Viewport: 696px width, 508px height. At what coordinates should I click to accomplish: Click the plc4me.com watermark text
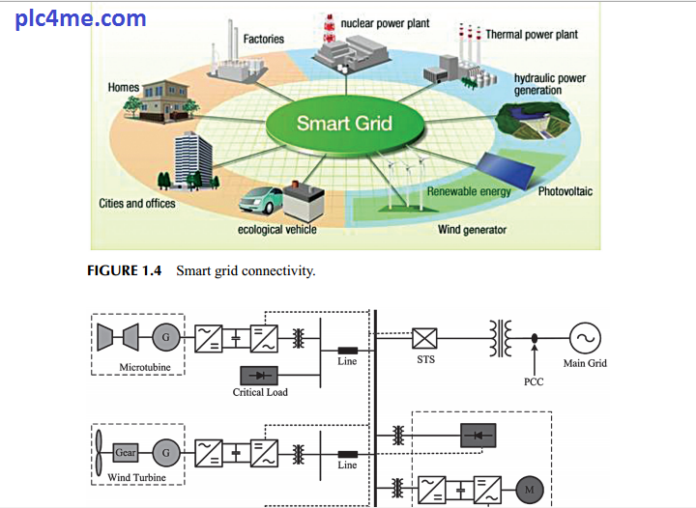click(81, 18)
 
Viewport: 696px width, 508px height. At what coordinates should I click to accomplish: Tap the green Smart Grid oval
click(344, 124)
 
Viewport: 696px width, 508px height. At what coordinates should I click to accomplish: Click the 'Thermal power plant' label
click(531, 35)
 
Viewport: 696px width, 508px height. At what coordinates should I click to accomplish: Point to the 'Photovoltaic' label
click(565, 191)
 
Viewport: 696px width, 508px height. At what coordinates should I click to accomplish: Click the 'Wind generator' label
click(472, 230)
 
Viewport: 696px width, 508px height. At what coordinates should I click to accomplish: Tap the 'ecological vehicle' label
click(276, 229)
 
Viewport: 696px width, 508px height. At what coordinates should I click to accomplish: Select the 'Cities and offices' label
click(137, 204)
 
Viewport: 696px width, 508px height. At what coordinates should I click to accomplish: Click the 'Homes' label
click(124, 88)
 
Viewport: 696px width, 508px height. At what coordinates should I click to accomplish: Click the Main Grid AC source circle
click(585, 337)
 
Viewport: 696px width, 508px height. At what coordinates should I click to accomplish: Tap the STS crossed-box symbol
click(425, 338)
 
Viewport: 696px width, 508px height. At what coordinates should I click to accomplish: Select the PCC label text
click(533, 381)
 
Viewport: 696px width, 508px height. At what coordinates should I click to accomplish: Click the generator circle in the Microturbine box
click(165, 338)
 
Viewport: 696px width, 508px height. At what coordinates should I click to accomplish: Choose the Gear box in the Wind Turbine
click(126, 452)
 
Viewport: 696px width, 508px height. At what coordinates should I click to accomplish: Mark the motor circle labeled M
click(529, 490)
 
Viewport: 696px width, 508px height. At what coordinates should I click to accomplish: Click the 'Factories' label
click(263, 39)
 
